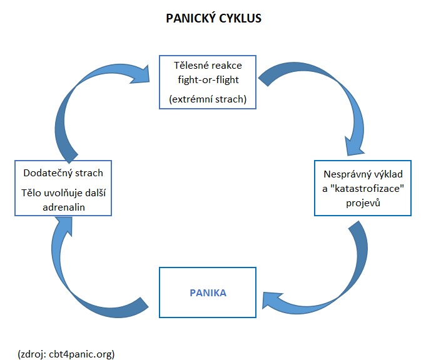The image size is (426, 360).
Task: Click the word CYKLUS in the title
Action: [x=240, y=19]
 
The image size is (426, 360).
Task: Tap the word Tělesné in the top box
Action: [x=191, y=65]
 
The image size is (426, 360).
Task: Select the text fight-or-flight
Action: [x=208, y=80]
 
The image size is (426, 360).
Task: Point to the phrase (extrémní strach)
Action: [x=208, y=99]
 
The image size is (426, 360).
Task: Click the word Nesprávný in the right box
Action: [x=345, y=174]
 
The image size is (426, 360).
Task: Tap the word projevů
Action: [x=363, y=203]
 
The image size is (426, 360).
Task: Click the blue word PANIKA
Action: [x=208, y=293]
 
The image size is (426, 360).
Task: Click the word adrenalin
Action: [x=64, y=207]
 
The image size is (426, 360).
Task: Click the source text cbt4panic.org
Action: [x=81, y=354]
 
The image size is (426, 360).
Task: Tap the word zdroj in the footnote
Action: [x=33, y=354]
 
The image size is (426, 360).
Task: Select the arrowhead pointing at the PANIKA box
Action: [x=271, y=300]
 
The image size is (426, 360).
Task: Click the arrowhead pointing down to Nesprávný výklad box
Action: [x=354, y=146]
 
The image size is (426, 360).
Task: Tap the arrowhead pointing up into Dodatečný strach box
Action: [x=64, y=226]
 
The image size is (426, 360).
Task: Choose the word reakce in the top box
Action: [x=227, y=66]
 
